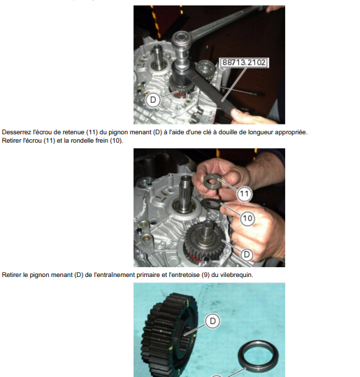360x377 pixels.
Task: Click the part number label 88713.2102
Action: coord(244,62)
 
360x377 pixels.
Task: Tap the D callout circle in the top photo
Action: coord(153,100)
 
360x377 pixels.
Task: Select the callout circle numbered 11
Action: coord(245,194)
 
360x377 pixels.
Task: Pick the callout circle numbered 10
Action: coord(247,218)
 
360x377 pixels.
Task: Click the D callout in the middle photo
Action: coord(247,255)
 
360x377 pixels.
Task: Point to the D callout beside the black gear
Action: coord(213,321)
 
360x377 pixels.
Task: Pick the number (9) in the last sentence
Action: coord(206,275)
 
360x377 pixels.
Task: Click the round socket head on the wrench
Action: coord(182,38)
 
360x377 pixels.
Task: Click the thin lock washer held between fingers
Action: coord(210,205)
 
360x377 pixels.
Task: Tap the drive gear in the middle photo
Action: coord(204,243)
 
